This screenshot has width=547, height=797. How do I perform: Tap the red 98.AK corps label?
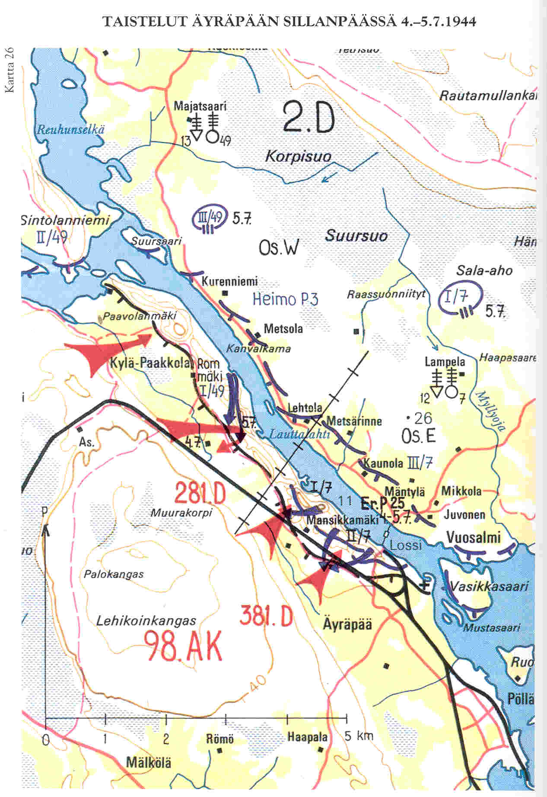[184, 645]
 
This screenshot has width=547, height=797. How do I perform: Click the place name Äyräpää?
[347, 624]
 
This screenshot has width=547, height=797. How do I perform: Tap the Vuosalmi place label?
[473, 537]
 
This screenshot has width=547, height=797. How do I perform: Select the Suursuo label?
[356, 236]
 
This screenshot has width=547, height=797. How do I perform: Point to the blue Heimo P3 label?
[286, 299]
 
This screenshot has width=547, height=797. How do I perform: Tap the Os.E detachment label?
[418, 436]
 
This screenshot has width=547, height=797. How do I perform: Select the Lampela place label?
[445, 361]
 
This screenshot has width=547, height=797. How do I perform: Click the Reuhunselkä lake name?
[70, 129]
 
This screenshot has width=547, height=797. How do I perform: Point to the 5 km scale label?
[359, 736]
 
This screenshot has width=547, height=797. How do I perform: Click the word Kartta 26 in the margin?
[10, 70]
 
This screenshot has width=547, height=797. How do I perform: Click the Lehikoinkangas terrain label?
[146, 621]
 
